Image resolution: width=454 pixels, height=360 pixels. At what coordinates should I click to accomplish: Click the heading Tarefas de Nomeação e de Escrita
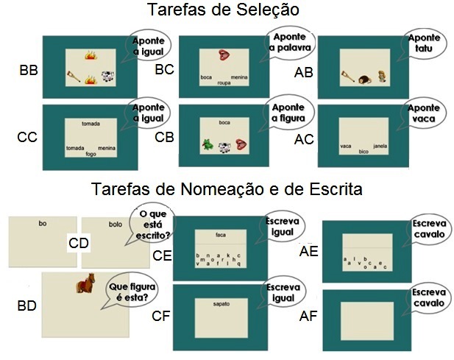pyautogui.click(x=227, y=190)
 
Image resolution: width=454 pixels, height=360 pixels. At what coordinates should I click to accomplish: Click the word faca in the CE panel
pyautogui.click(x=220, y=235)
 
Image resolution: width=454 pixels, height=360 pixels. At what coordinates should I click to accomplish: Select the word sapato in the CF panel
pyautogui.click(x=221, y=302)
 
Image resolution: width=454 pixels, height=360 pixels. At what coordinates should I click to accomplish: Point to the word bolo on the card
pyautogui.click(x=115, y=224)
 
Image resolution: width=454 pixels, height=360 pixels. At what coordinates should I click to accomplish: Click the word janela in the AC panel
pyautogui.click(x=380, y=146)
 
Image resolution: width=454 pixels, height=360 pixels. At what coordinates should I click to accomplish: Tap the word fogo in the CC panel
pyautogui.click(x=91, y=154)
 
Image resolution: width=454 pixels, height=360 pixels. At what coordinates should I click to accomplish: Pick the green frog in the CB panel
pyautogui.click(x=207, y=146)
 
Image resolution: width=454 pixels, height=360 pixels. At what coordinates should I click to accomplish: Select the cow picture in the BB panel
pyautogui.click(x=107, y=75)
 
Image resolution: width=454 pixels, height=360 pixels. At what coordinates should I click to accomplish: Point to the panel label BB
pyautogui.click(x=29, y=71)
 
